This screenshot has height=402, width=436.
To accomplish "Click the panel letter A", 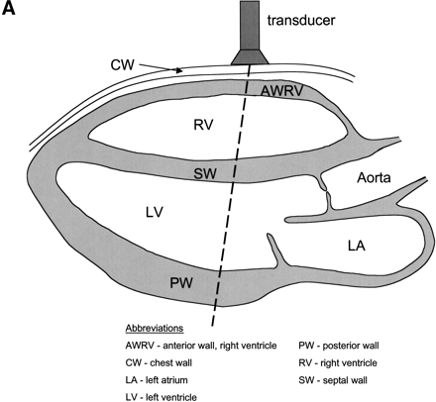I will click(x=12, y=13).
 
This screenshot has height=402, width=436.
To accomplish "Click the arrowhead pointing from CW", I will click(x=177, y=70).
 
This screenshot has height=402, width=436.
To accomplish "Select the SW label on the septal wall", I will click(x=206, y=174).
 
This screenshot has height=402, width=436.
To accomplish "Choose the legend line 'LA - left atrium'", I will click(x=154, y=379).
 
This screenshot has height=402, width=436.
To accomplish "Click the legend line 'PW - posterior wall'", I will click(x=346, y=346).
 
